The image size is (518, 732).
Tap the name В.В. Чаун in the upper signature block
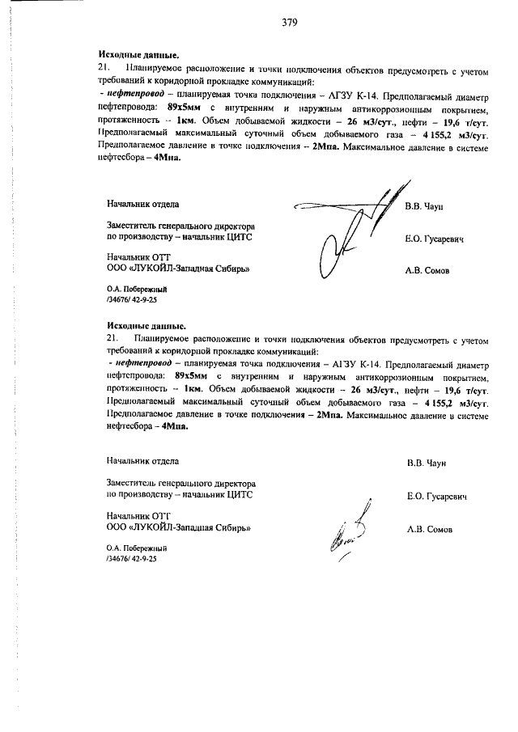click(x=424, y=207)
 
